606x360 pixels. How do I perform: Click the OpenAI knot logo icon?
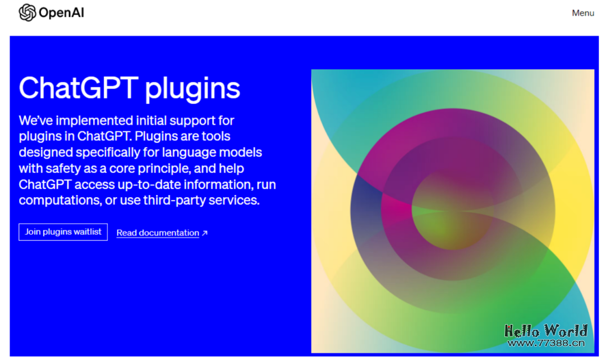[27, 12]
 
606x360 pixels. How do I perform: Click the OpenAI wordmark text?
[62, 13]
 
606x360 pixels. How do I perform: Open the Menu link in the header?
[583, 13]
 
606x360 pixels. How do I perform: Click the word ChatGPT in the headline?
[78, 88]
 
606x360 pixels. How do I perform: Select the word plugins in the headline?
[193, 89]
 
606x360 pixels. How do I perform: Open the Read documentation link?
[158, 233]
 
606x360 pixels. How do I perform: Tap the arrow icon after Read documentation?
[205, 233]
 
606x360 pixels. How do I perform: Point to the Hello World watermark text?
[545, 331]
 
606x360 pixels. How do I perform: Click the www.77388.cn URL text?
[545, 343]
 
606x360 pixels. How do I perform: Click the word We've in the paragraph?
[36, 120]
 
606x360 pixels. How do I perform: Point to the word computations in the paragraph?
[58, 200]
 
